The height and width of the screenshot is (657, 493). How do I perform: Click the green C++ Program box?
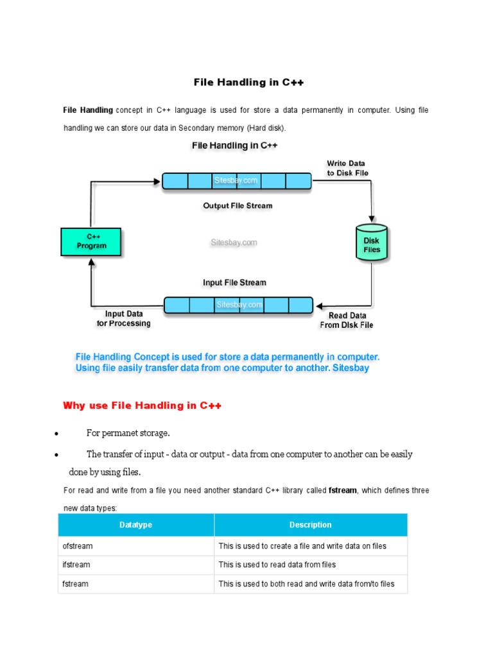pos(91,242)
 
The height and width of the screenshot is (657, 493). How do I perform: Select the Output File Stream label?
pos(238,206)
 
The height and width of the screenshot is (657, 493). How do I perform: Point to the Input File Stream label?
pos(234,282)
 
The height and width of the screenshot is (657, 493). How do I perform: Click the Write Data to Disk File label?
pos(347,168)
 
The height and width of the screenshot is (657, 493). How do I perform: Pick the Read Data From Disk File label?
pos(347,320)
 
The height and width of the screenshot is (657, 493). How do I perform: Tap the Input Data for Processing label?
pos(123,319)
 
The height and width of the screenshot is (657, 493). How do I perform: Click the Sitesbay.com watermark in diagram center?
pos(234,243)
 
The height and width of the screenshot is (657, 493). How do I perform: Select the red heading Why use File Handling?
pos(142,405)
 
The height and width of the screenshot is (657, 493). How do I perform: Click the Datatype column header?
pos(135,525)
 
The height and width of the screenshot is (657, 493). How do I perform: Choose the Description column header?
pos(310,525)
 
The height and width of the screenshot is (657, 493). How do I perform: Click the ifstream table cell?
pos(76,565)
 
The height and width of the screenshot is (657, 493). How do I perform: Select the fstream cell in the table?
pos(75,584)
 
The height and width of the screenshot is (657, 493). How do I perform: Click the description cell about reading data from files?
pos(277,565)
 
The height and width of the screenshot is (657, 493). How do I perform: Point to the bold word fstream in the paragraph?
pos(342,490)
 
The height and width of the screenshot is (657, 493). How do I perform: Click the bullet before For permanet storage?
pos(57,434)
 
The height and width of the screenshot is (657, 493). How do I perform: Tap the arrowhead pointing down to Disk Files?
pos(372,218)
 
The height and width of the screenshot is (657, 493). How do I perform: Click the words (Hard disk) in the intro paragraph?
pos(271,128)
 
